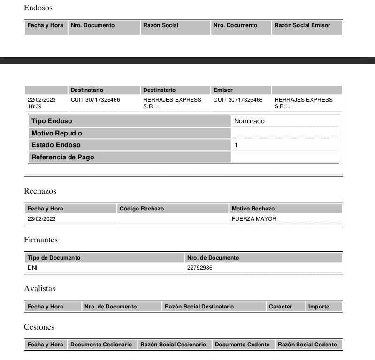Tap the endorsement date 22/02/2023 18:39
coord(42,103)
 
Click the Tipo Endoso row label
coord(52,121)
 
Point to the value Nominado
coord(249,121)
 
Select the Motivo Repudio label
coord(56,133)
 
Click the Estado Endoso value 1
coord(236,145)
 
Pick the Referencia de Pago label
coord(62,157)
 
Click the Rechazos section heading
coord(40,191)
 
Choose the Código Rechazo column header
coord(142,209)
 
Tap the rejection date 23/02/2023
coord(42,219)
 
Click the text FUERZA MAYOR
coord(254,219)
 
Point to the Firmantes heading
coord(41,240)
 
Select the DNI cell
coord(32,268)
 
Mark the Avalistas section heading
coord(39,289)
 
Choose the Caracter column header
coord(280,307)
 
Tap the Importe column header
coord(319,307)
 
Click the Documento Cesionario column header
coord(101,345)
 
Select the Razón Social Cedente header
coord(307,345)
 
